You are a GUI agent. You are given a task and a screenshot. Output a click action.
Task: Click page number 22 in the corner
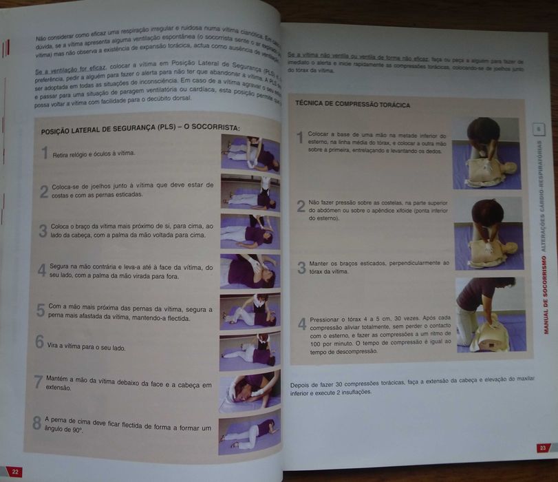tap(14, 472)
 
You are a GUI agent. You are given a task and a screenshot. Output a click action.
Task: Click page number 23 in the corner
tap(543, 448)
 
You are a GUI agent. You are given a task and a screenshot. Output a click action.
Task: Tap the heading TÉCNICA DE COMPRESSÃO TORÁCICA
tap(352, 105)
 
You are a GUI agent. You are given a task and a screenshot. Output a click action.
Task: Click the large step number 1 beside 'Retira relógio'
tap(44, 153)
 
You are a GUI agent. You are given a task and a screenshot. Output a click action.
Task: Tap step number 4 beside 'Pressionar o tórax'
tap(301, 324)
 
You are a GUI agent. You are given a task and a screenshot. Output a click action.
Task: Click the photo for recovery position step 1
tap(250, 153)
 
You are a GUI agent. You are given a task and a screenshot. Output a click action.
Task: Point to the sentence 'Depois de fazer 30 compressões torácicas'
tap(358, 386)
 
